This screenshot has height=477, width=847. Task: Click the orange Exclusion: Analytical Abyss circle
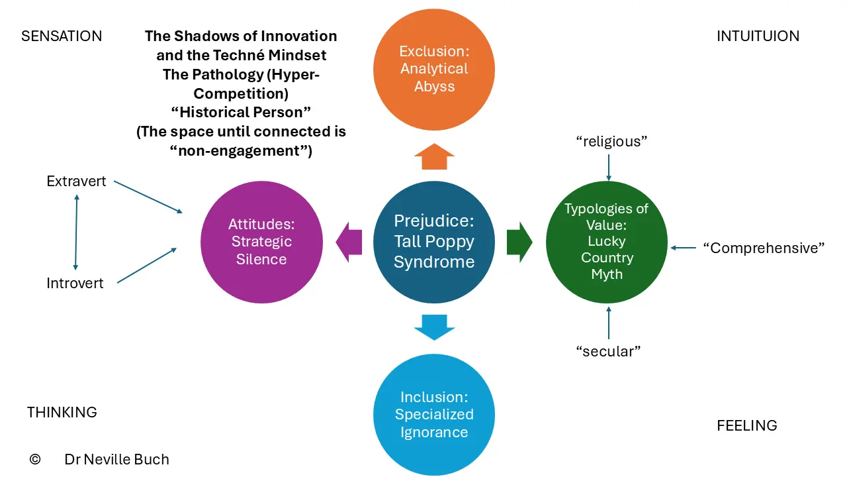tap(434, 70)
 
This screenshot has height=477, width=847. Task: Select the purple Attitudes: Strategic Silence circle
tap(261, 242)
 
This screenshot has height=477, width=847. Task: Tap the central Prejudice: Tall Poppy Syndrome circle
tap(434, 242)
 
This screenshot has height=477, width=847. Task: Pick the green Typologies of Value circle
tap(607, 242)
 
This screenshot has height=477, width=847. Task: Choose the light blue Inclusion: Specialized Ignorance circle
tap(434, 415)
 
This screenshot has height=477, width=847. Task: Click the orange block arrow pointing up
tap(434, 156)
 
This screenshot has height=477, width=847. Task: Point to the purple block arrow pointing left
tap(349, 242)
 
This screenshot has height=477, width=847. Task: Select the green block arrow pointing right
tap(519, 242)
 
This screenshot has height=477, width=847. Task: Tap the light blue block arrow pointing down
tap(434, 327)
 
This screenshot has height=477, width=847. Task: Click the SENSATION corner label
tap(62, 36)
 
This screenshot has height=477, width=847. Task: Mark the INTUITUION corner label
tap(758, 36)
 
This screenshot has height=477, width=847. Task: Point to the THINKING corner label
tap(62, 412)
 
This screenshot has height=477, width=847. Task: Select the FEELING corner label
tap(747, 425)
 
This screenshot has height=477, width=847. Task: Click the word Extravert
tap(76, 182)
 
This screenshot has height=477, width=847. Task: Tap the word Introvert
tap(75, 283)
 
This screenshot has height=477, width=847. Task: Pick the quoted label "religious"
tap(611, 142)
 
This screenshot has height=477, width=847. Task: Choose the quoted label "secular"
tap(608, 351)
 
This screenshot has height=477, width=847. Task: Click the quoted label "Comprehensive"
tap(764, 248)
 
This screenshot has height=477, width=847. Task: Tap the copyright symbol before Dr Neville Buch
tap(35, 459)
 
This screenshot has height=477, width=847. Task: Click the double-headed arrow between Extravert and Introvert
tap(76, 232)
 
